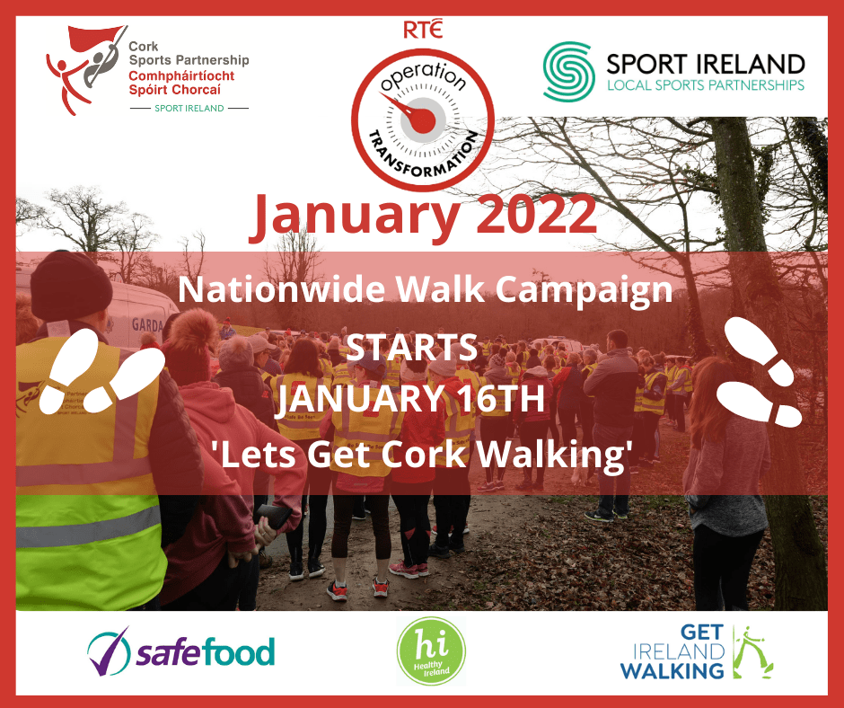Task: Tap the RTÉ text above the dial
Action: (422, 29)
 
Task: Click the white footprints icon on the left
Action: (105, 368)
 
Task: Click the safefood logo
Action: (180, 650)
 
